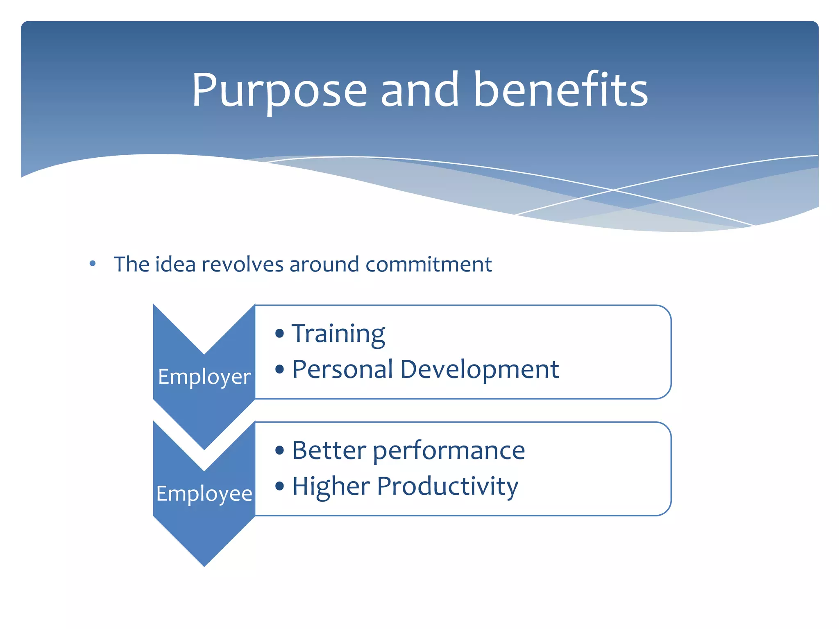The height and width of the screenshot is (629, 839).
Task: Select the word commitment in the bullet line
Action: pos(429,265)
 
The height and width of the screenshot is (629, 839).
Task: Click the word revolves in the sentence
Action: pos(242,265)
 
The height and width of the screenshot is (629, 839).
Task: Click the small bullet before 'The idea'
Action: pos(93,264)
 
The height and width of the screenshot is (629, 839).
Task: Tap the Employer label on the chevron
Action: pos(204,377)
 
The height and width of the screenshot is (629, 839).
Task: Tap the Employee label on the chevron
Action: pos(204,493)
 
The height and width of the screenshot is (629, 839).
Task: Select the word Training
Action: pos(338,334)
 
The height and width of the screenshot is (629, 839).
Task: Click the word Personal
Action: pos(342,369)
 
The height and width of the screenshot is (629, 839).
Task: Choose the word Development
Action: pos(479,369)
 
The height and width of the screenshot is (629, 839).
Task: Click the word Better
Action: pos(329,450)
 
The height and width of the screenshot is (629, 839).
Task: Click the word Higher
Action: pos(331,486)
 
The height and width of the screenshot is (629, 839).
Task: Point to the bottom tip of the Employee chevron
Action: pos(204,565)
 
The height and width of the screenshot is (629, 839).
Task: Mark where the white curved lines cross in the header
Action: pos(613,190)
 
